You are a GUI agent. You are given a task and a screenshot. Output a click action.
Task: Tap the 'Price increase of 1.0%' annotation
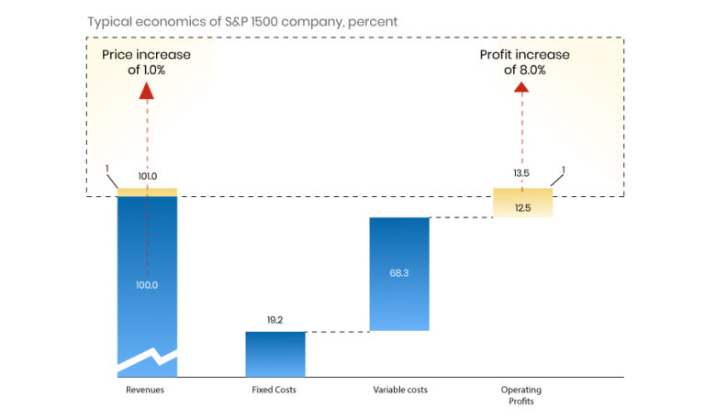coord(147,62)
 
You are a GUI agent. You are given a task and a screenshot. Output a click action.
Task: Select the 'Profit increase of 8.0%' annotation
coord(524,62)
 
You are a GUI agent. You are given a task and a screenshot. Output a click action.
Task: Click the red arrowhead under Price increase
coord(147,89)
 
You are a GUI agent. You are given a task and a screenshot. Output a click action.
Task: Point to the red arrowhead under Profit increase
coord(522,88)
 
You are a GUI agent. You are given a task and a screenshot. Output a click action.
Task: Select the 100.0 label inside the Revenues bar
coord(147,285)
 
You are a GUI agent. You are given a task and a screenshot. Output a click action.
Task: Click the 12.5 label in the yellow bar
coord(522,208)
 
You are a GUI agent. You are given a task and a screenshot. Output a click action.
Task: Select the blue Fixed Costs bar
coord(275,354)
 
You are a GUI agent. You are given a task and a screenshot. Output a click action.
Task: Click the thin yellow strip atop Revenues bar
coord(147,192)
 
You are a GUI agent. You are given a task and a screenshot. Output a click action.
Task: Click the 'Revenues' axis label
coord(147,390)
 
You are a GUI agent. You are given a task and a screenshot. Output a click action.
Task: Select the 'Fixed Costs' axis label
coord(274,390)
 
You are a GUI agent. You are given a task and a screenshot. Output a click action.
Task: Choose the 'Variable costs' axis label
coord(399,390)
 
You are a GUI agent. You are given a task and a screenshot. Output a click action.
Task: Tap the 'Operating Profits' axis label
coord(521,395)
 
